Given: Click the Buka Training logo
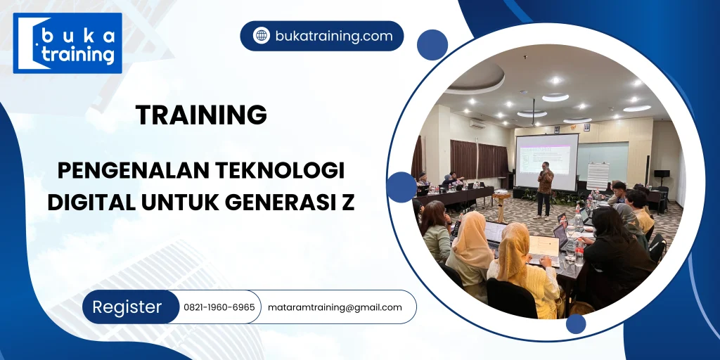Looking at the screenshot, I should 67,44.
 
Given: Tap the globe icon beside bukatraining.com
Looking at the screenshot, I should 262,36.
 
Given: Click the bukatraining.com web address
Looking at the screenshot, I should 333,37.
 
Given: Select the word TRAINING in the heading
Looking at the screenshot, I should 201,115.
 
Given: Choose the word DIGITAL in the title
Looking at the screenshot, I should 92,202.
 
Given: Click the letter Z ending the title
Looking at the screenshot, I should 348,202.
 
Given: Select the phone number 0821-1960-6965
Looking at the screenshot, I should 219,307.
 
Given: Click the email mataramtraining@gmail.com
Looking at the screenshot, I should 335,307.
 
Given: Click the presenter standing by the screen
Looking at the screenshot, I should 545,188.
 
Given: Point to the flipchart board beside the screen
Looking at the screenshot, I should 598,176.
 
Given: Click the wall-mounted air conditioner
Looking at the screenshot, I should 477,124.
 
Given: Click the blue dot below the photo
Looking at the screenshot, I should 576,323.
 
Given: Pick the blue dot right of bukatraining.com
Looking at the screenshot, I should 432,45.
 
